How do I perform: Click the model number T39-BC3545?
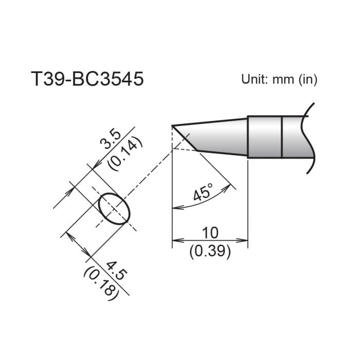(87, 80)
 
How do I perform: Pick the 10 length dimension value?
(210, 232)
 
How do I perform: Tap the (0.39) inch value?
(210, 252)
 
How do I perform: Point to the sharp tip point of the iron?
(173, 125)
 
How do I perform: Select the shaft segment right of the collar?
(296, 136)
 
